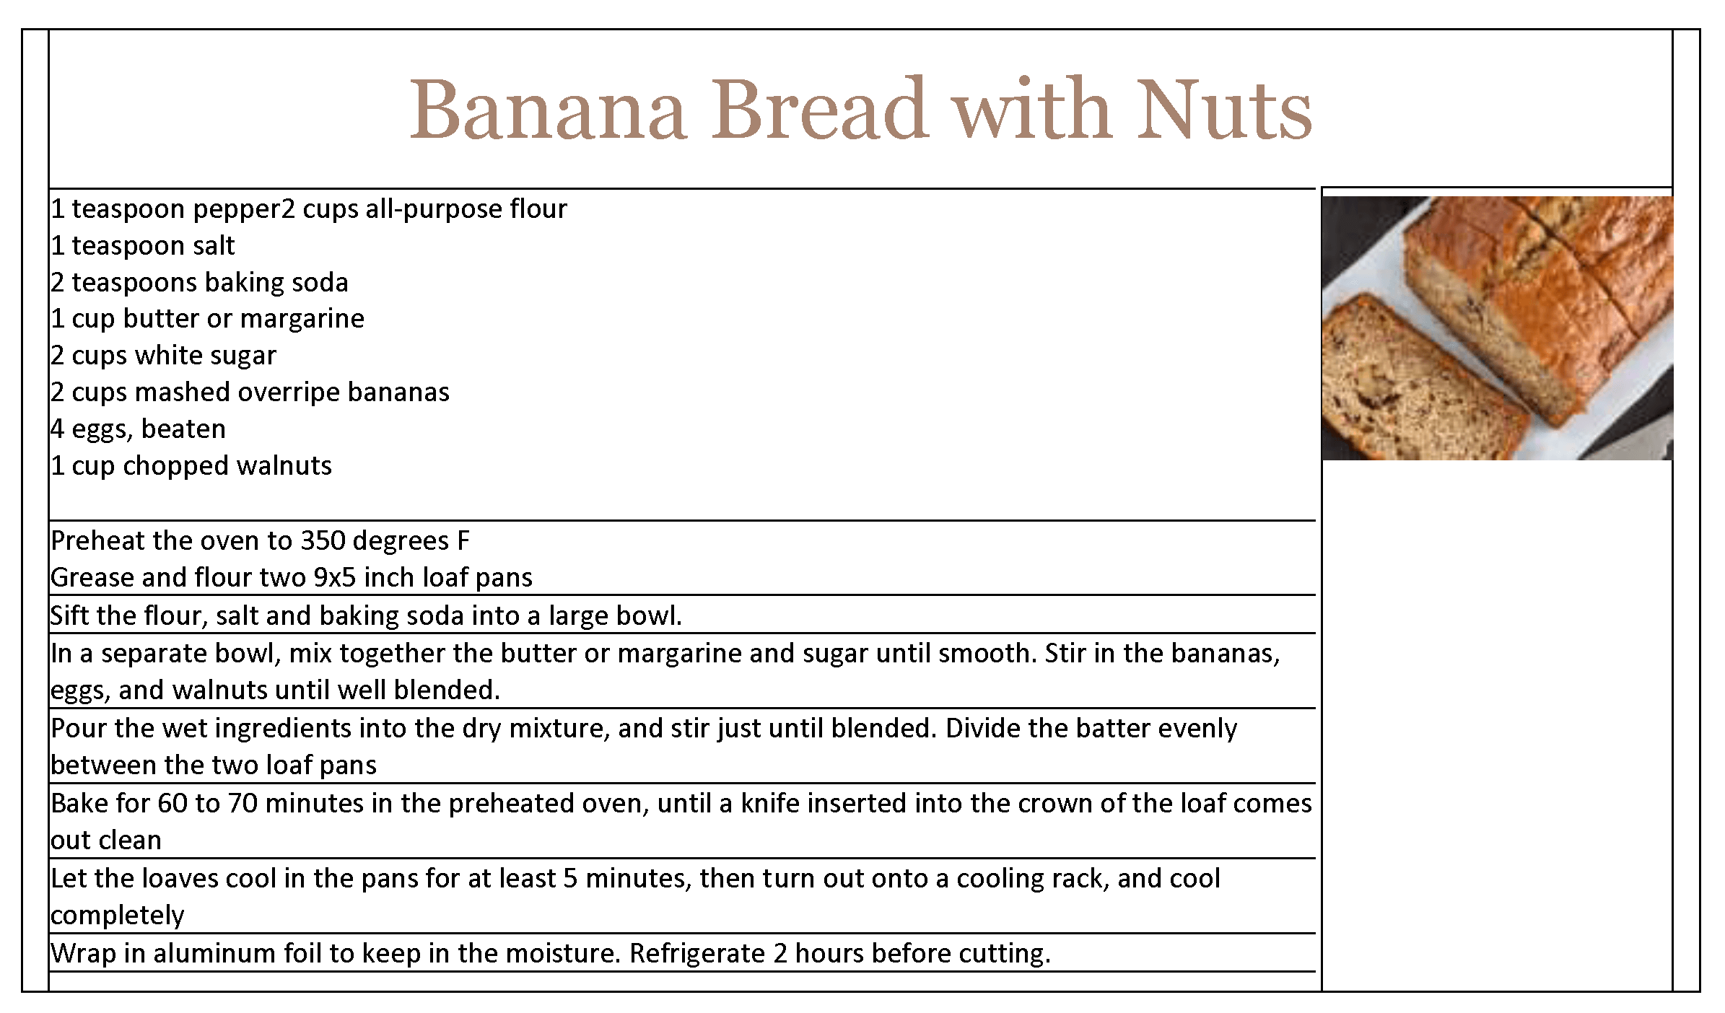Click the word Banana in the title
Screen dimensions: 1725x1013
(548, 109)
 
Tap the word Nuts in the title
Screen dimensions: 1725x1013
(1224, 109)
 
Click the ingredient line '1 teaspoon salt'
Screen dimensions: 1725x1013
(143, 246)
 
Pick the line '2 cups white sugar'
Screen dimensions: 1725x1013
(164, 356)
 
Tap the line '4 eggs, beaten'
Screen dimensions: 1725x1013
(139, 429)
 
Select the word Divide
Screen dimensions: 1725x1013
(983, 728)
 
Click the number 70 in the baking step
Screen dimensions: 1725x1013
(243, 803)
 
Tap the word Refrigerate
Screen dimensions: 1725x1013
(697, 954)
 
